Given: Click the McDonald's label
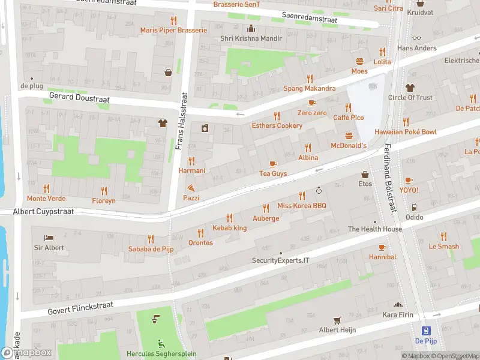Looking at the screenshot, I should (x=349, y=146).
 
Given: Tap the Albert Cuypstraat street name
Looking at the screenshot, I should (x=43, y=212).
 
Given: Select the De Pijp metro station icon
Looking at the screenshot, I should (x=426, y=331).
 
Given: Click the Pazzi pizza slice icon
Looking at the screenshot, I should (x=191, y=188).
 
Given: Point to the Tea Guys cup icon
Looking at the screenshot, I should (x=273, y=163).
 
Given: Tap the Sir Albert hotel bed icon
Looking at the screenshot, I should (x=49, y=237).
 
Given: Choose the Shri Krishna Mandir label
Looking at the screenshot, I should (x=251, y=39).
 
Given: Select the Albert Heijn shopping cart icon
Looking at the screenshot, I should (x=337, y=320).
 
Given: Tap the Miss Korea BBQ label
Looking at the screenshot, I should (x=302, y=206).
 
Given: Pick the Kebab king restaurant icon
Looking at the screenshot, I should (x=229, y=218).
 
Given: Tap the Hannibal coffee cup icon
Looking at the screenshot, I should (x=382, y=247).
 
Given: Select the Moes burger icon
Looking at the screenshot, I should (x=359, y=61).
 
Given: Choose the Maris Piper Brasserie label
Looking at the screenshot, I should (x=173, y=30).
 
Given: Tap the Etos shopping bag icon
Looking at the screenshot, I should (x=365, y=175).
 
